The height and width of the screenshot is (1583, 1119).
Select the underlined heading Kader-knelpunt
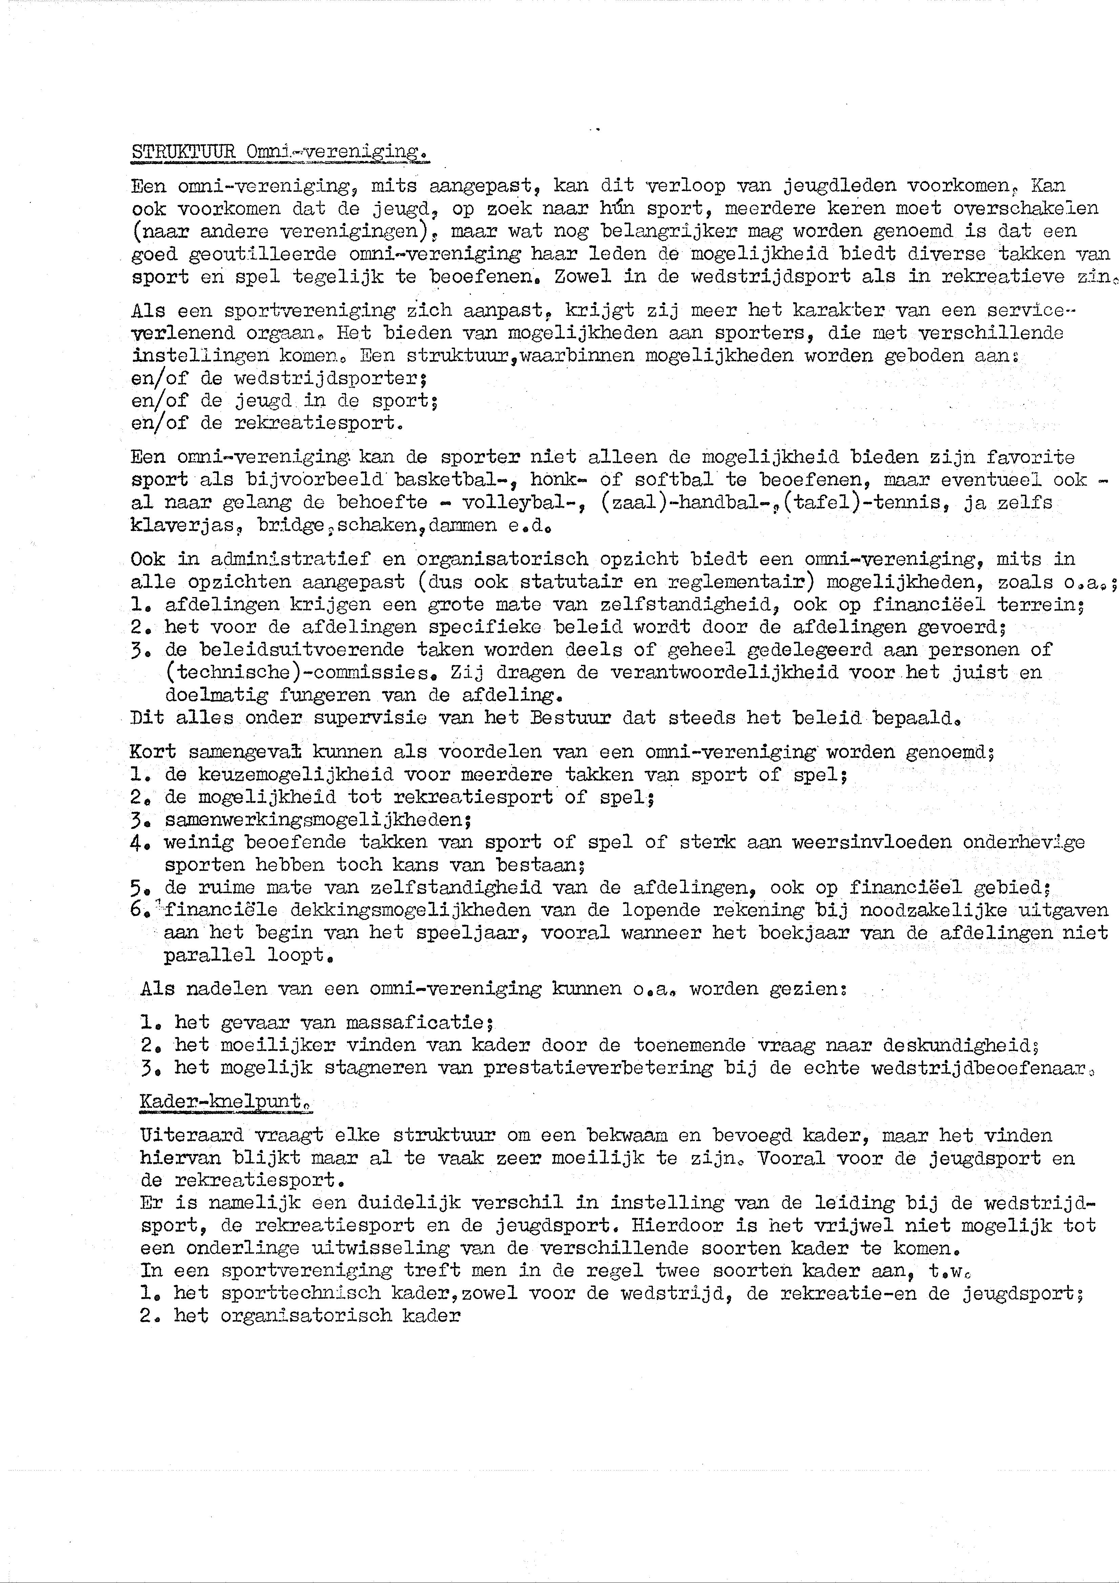click(225, 1101)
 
